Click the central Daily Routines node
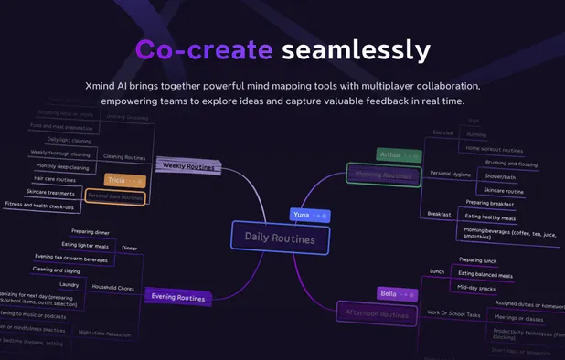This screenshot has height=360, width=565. point(279,238)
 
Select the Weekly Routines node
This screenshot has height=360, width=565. point(188,166)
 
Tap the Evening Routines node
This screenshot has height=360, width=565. point(177,297)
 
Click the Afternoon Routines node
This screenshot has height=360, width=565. point(377,313)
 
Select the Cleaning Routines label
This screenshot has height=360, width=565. point(124,156)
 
